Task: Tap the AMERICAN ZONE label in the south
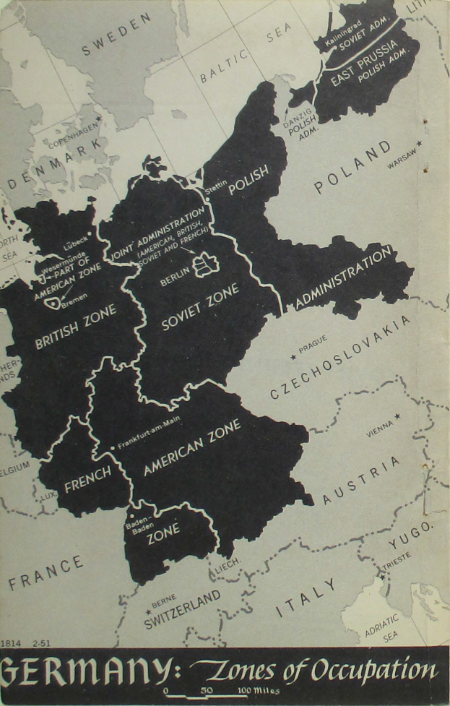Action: click(x=191, y=447)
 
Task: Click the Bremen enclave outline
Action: click(x=52, y=303)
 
